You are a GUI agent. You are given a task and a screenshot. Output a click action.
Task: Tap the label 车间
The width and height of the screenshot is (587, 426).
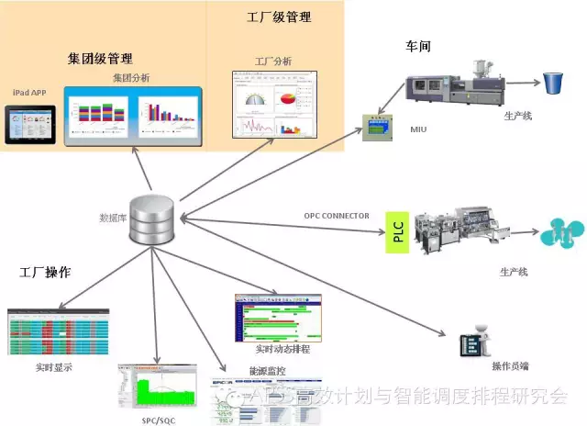point(418,46)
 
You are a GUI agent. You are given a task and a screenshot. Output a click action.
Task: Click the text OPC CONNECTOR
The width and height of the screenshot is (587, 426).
point(337,217)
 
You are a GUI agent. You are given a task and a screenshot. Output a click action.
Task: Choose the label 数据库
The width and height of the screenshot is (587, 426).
point(112,218)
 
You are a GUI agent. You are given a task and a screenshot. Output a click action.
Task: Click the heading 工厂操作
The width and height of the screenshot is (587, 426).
point(46,274)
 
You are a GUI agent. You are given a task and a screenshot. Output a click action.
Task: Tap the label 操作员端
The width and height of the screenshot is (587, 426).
point(509,366)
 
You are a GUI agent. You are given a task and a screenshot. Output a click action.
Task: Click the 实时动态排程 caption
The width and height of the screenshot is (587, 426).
point(282,350)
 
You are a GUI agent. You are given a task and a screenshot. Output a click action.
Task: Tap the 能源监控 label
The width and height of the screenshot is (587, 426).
point(241,371)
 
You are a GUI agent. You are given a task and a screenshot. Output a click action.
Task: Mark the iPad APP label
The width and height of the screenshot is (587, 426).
point(31,93)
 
